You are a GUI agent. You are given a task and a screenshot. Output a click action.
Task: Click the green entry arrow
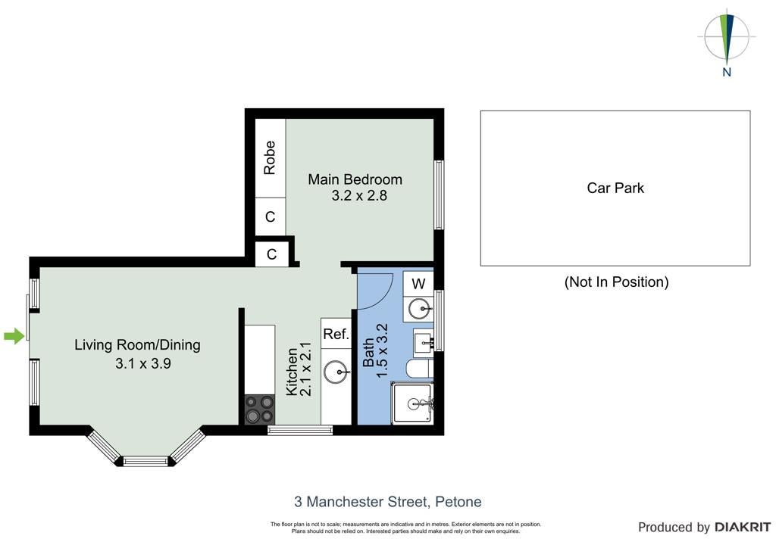tap(14, 337)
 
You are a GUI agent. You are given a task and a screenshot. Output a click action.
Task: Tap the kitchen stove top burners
tap(260, 409)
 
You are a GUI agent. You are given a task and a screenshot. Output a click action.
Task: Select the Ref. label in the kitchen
tap(336, 335)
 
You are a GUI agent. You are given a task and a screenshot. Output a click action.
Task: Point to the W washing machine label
tap(418, 284)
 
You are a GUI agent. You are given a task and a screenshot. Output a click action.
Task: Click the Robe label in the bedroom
tap(270, 158)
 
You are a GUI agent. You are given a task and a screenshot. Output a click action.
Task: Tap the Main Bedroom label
tap(355, 179)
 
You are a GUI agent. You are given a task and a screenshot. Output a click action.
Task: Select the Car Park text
tap(615, 188)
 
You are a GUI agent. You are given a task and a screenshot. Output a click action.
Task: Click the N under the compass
tap(727, 72)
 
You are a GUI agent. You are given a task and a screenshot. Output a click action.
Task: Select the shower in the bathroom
tap(413, 403)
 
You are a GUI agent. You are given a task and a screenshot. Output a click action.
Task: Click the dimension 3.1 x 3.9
tap(143, 363)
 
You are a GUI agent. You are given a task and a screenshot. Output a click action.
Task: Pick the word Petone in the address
tap(458, 502)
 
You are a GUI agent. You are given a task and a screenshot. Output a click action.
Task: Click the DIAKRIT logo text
tap(743, 528)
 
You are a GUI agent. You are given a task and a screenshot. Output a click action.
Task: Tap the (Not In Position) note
tap(616, 282)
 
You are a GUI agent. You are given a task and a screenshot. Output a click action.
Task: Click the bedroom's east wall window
tap(439, 195)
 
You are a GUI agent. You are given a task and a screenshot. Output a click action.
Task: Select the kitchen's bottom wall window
tap(300, 431)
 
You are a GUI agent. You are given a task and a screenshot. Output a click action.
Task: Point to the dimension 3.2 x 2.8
tap(359, 196)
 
